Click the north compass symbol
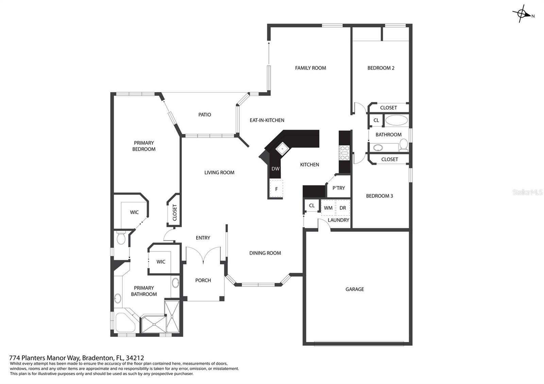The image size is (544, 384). pyautogui.click(x=522, y=14)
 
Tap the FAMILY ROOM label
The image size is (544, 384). pyautogui.click(x=310, y=68)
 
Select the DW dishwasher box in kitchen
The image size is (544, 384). pyautogui.click(x=275, y=169)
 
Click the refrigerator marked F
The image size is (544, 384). pyautogui.click(x=276, y=189)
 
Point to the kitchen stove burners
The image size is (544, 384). pyautogui.click(x=344, y=153)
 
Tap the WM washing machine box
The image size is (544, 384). pyautogui.click(x=328, y=208)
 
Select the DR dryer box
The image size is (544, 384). pyautogui.click(x=343, y=208)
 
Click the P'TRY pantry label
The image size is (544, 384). pyautogui.click(x=339, y=188)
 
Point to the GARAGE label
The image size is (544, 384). pyautogui.click(x=355, y=289)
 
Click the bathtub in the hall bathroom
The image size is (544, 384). pyautogui.click(x=396, y=120)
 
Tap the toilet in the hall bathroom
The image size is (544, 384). pyautogui.click(x=404, y=144)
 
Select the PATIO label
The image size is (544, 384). pyautogui.click(x=205, y=115)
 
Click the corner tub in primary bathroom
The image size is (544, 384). pyautogui.click(x=125, y=323)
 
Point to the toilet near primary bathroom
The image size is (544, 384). pyautogui.click(x=121, y=238)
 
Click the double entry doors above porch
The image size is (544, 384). pyautogui.click(x=203, y=255)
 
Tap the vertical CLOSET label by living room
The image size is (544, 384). pyautogui.click(x=175, y=212)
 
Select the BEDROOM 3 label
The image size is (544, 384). pyautogui.click(x=379, y=196)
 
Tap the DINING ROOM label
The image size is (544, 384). pyautogui.click(x=265, y=253)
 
